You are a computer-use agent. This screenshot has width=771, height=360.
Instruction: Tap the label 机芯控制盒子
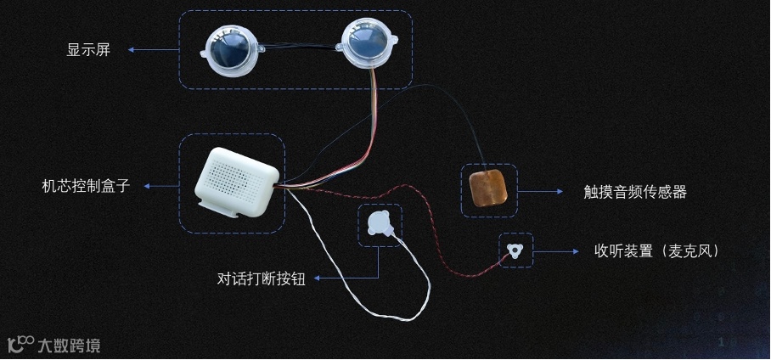[x=86, y=185]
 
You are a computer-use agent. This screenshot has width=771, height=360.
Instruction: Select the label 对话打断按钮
[x=261, y=278]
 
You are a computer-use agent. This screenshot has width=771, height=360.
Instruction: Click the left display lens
[x=227, y=48]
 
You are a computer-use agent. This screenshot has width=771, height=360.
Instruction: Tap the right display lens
[x=366, y=44]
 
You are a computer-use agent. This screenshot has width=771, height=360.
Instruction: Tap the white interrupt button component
[x=379, y=224]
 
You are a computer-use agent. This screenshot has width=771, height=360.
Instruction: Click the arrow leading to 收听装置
[x=560, y=251]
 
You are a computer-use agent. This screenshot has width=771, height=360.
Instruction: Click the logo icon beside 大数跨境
[x=20, y=344]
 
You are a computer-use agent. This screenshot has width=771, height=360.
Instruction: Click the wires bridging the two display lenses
[x=297, y=49]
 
